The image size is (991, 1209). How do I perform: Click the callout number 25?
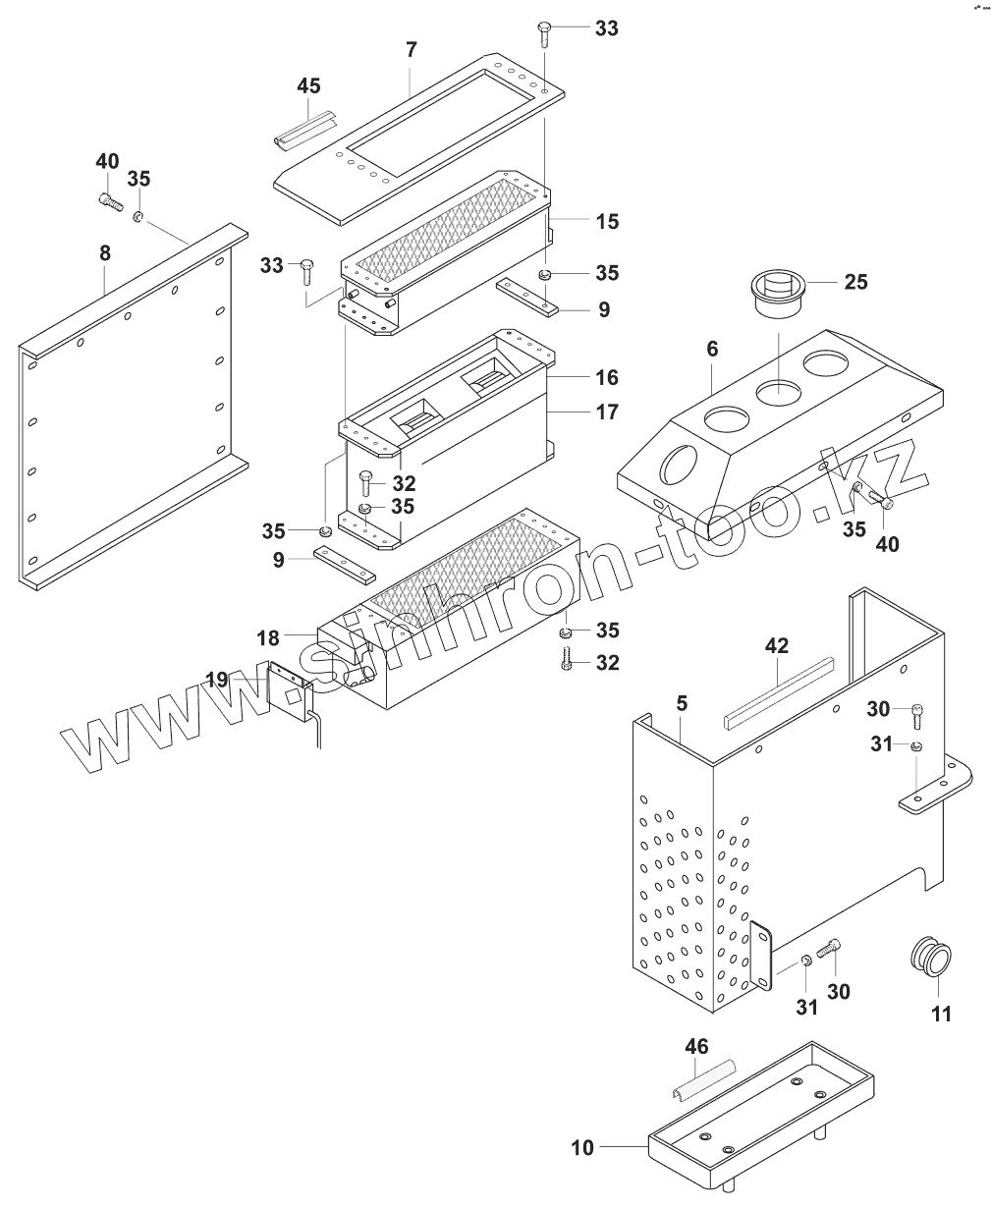click(x=854, y=282)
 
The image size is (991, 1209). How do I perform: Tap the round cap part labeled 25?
click(x=777, y=292)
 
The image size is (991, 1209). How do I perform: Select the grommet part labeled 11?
click(x=931, y=956)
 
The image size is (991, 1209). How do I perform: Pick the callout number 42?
click(x=777, y=646)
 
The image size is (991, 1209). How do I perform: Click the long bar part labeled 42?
click(x=778, y=691)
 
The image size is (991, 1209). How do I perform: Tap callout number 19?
click(x=216, y=679)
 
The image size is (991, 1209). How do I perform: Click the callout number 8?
click(x=104, y=252)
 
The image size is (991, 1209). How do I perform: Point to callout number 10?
click(x=582, y=1147)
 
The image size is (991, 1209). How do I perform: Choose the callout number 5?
click(x=682, y=704)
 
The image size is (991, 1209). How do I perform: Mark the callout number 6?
click(x=712, y=349)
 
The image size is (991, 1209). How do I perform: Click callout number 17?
click(x=607, y=412)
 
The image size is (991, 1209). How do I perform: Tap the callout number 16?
click(x=607, y=377)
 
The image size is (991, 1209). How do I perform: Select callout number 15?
click(x=607, y=221)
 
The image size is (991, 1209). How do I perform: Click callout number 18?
click(x=269, y=637)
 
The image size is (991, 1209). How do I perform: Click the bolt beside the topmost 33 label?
click(x=545, y=36)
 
